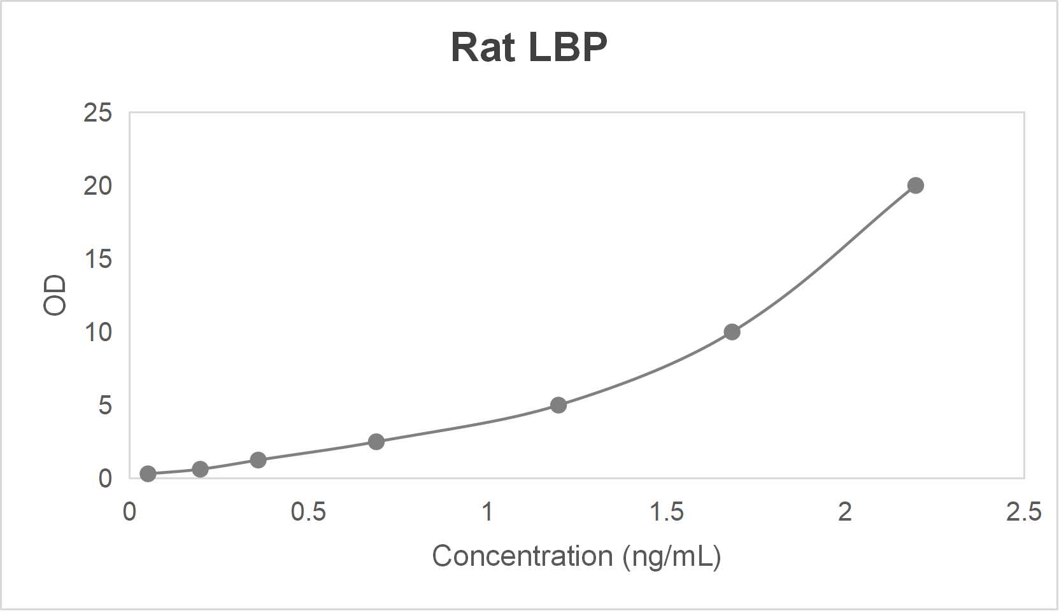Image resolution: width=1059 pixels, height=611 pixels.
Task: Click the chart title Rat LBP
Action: (x=529, y=48)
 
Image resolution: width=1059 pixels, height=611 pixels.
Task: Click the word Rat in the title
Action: (x=482, y=48)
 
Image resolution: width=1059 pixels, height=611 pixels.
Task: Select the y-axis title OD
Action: (x=55, y=295)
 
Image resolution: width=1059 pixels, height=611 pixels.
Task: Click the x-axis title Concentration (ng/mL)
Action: (x=576, y=556)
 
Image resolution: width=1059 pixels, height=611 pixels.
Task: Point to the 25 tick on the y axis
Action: (x=97, y=113)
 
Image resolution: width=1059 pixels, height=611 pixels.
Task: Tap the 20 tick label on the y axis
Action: (x=97, y=186)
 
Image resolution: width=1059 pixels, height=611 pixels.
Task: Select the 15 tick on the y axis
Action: (x=97, y=260)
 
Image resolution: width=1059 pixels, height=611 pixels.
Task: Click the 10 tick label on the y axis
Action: (x=97, y=332)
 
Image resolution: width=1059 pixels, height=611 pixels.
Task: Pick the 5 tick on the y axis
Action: (x=105, y=405)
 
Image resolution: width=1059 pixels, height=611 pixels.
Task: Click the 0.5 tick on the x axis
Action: (x=308, y=512)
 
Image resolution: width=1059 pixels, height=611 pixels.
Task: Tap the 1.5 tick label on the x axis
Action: (x=666, y=512)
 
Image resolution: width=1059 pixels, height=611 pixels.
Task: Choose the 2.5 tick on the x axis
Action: (x=1023, y=512)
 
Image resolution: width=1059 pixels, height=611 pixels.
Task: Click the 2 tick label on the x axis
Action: (x=844, y=512)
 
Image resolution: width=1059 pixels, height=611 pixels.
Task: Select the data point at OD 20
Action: (x=915, y=186)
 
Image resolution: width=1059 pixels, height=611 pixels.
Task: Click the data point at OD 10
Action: (x=732, y=332)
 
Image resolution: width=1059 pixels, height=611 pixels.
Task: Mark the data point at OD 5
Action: (x=558, y=405)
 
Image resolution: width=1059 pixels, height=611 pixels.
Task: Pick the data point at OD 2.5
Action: (x=376, y=442)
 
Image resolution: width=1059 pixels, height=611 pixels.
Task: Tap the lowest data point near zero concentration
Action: (x=148, y=474)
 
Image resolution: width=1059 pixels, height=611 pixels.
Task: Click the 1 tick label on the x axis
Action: (x=487, y=512)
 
